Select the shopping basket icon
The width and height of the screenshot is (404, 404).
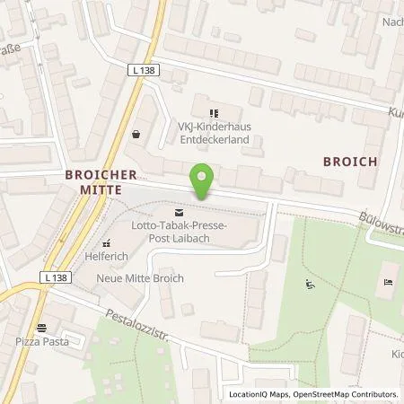136,134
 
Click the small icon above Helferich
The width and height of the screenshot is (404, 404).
106,242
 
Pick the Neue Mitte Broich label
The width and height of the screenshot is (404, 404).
139,278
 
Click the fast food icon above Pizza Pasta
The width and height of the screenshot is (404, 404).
41,328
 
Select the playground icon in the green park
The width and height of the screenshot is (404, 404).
311,285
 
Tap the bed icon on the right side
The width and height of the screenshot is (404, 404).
387,282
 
